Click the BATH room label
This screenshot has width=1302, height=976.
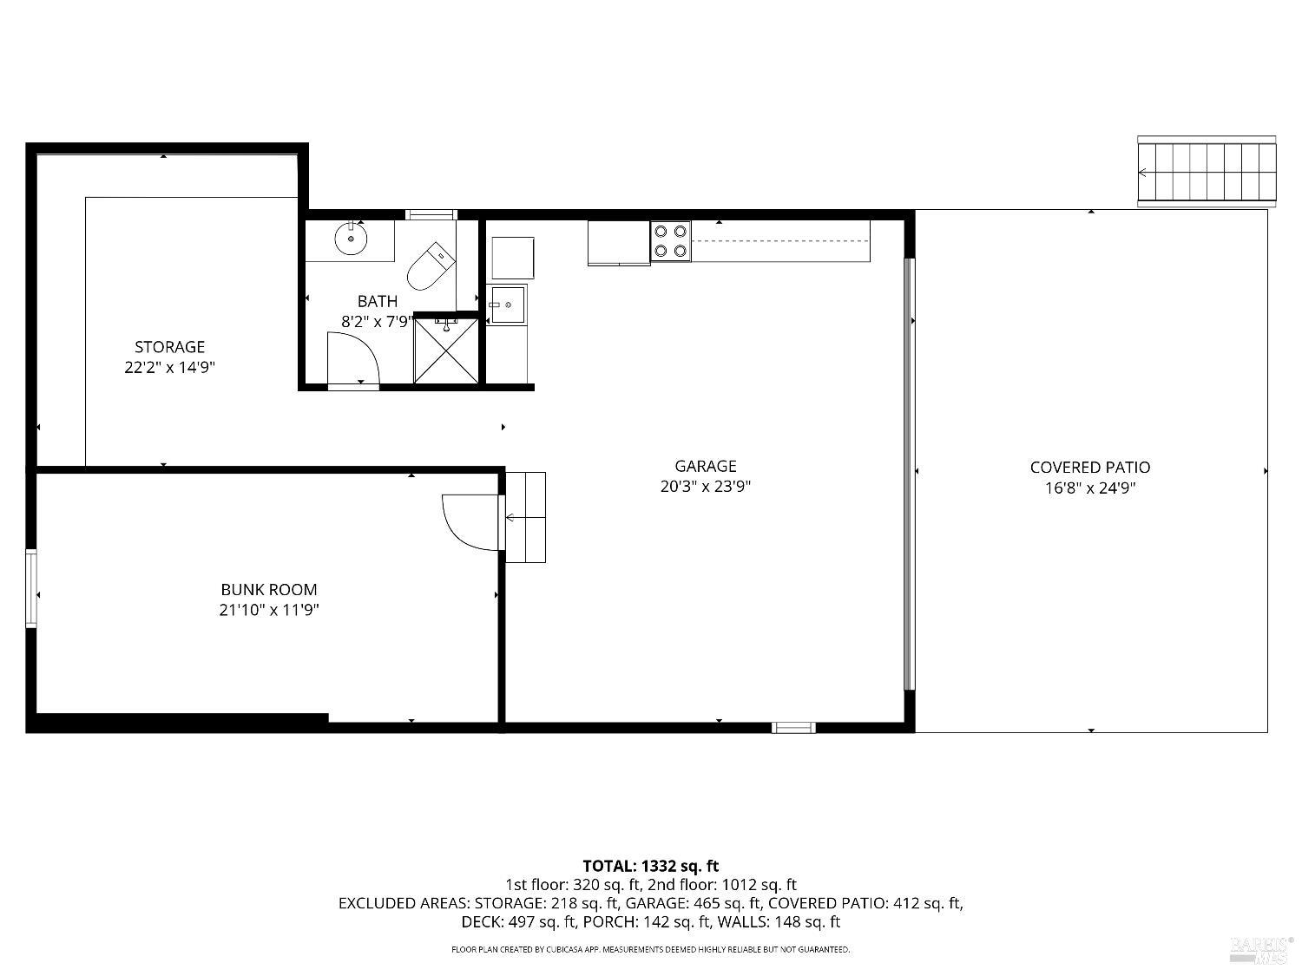(x=378, y=301)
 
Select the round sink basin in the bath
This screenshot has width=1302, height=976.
(x=351, y=239)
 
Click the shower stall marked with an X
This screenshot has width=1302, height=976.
(x=446, y=350)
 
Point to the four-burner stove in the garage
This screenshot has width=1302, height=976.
(x=671, y=241)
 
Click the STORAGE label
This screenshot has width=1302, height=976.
(x=169, y=347)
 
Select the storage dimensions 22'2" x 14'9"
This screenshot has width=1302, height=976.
(x=169, y=367)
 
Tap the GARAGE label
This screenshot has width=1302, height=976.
(x=705, y=466)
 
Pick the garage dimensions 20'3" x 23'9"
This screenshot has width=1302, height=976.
(x=705, y=487)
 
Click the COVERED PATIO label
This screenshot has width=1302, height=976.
(x=1090, y=468)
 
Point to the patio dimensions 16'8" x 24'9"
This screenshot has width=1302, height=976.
(x=1090, y=488)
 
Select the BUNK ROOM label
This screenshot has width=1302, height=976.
(x=268, y=590)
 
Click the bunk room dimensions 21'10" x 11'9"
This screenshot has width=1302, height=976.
(x=268, y=610)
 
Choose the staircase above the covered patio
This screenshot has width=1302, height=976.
(x=1207, y=172)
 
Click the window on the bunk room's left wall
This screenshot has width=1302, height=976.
(x=31, y=588)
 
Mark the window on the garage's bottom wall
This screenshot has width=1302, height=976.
(x=793, y=727)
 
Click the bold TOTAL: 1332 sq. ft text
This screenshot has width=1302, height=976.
(x=650, y=866)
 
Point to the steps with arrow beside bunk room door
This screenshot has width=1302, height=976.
(x=526, y=518)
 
